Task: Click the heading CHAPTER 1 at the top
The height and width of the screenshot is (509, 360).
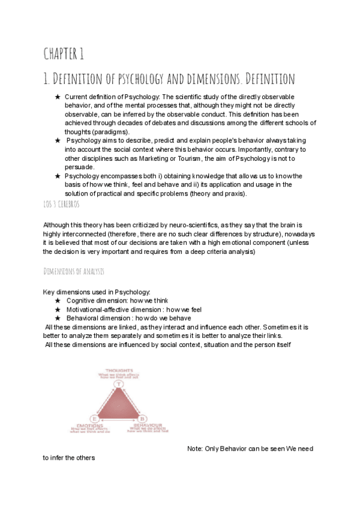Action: [62, 55]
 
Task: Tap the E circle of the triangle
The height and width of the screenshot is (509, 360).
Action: [94, 418]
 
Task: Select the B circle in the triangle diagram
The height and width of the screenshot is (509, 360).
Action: [143, 418]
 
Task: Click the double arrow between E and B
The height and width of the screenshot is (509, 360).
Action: [118, 418]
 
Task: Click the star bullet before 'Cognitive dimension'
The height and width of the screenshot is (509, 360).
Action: [58, 300]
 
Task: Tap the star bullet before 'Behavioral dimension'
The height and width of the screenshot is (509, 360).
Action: [58, 318]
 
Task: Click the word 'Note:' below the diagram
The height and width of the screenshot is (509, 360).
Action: [196, 449]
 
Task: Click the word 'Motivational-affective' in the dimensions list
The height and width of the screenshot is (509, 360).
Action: [102, 309]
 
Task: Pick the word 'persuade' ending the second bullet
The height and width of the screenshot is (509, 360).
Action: [79, 167]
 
